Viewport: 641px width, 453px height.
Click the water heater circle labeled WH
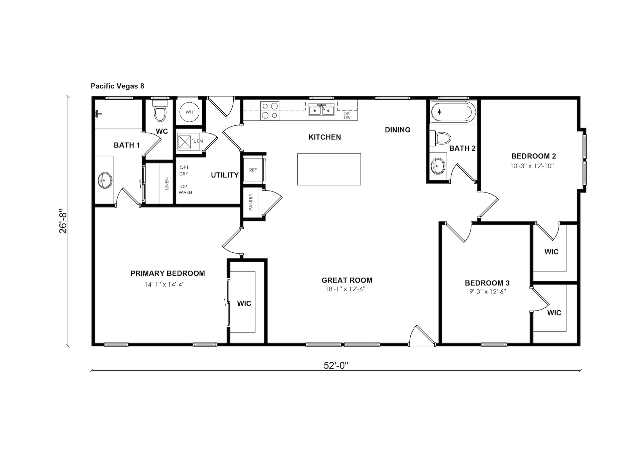tap(190, 112)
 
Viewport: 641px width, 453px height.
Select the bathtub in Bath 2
tap(453, 112)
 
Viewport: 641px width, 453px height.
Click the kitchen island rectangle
tap(329, 169)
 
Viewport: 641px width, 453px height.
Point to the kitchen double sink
tap(322, 110)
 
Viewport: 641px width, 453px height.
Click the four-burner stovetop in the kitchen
tap(270, 111)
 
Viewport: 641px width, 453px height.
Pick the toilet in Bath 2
tap(440, 138)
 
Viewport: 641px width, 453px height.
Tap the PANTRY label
tap(251, 202)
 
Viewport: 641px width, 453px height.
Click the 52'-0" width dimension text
tap(336, 366)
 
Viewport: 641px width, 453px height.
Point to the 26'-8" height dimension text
tap(63, 221)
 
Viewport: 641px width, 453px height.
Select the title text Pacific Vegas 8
tap(118, 86)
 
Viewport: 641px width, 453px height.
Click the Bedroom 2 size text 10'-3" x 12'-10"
tap(532, 166)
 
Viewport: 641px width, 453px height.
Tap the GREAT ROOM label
tap(347, 280)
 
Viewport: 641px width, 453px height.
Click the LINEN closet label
tap(167, 184)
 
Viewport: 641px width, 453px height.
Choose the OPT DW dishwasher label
tap(347, 115)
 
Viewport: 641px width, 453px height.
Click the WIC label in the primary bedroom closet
tap(244, 304)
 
